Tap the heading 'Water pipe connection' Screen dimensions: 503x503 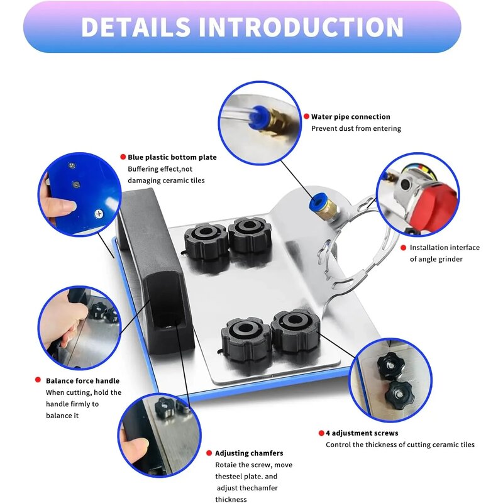(351, 117)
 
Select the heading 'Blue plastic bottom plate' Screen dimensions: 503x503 (172, 157)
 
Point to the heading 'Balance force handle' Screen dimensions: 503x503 (82, 380)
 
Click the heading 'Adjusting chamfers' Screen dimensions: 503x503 (249, 453)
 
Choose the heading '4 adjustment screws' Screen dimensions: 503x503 (362, 433)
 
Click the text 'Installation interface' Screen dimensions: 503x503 (445, 248)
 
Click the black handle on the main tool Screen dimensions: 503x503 (151, 270)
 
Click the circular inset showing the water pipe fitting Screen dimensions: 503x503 (260, 123)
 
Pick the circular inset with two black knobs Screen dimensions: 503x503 (390, 379)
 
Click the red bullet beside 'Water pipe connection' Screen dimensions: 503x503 (306, 117)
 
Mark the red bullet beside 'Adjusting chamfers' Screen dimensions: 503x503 (209, 453)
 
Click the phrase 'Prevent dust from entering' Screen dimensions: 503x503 (356, 128)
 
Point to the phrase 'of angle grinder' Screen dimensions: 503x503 (436, 259)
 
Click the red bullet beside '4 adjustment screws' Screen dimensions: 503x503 (320, 433)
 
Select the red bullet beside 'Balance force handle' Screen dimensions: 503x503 (39, 380)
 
